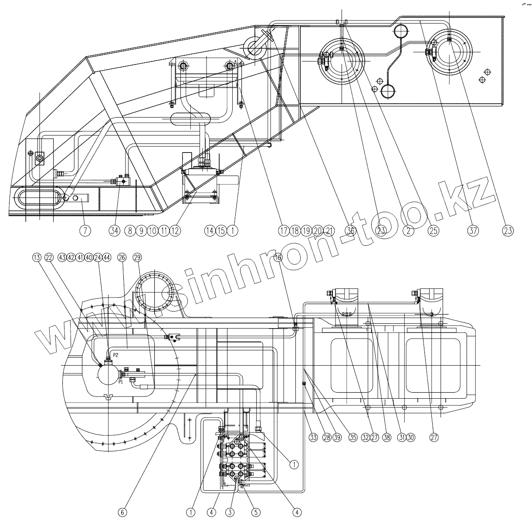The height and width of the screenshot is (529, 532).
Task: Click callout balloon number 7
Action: click(x=85, y=231)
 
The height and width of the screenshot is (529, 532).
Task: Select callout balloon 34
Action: click(x=115, y=231)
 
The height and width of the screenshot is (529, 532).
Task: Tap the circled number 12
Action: click(x=175, y=231)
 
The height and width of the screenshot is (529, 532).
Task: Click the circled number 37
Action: click(x=473, y=231)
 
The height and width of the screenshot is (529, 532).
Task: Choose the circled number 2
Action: click(x=408, y=231)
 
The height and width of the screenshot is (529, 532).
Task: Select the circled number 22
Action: click(x=49, y=257)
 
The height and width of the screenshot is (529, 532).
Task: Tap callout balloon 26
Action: click(x=122, y=257)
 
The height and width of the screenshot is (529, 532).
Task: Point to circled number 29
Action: click(x=138, y=257)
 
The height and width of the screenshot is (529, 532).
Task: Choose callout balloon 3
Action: click(x=230, y=512)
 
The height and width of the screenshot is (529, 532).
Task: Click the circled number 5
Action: click(x=256, y=512)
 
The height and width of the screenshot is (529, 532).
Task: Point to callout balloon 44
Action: click(x=107, y=257)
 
